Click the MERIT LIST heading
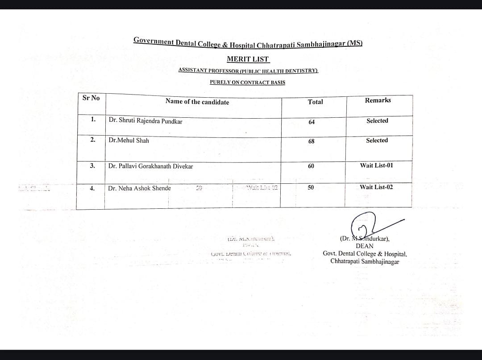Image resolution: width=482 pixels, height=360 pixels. click(248, 59)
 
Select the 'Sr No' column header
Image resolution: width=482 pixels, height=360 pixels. click(91, 98)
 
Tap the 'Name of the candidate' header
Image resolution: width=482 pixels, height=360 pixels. click(197, 102)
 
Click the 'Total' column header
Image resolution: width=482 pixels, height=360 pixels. click(315, 102)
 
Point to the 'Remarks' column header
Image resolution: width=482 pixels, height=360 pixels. click(378, 100)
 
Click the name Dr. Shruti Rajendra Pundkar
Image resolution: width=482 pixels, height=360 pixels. click(145, 121)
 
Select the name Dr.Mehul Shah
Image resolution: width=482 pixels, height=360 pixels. click(129, 140)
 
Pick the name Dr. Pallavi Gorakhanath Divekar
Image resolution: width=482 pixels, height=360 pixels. click(150, 166)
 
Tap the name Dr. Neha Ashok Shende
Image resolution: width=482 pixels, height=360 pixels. click(139, 188)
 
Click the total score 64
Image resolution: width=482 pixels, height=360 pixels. click(311, 122)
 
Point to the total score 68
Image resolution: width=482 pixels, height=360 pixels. click(311, 141)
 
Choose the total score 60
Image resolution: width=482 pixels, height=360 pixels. click(311, 166)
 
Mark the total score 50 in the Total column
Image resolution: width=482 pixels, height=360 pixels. click(311, 188)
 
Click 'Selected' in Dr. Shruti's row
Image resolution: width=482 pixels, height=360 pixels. click(377, 120)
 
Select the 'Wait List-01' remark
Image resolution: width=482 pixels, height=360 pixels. click(376, 165)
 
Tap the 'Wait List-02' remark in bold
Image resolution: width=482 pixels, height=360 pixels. click(376, 187)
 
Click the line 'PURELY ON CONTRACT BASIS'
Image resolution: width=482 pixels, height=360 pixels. click(247, 82)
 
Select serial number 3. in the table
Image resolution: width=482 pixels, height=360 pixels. click(92, 166)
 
